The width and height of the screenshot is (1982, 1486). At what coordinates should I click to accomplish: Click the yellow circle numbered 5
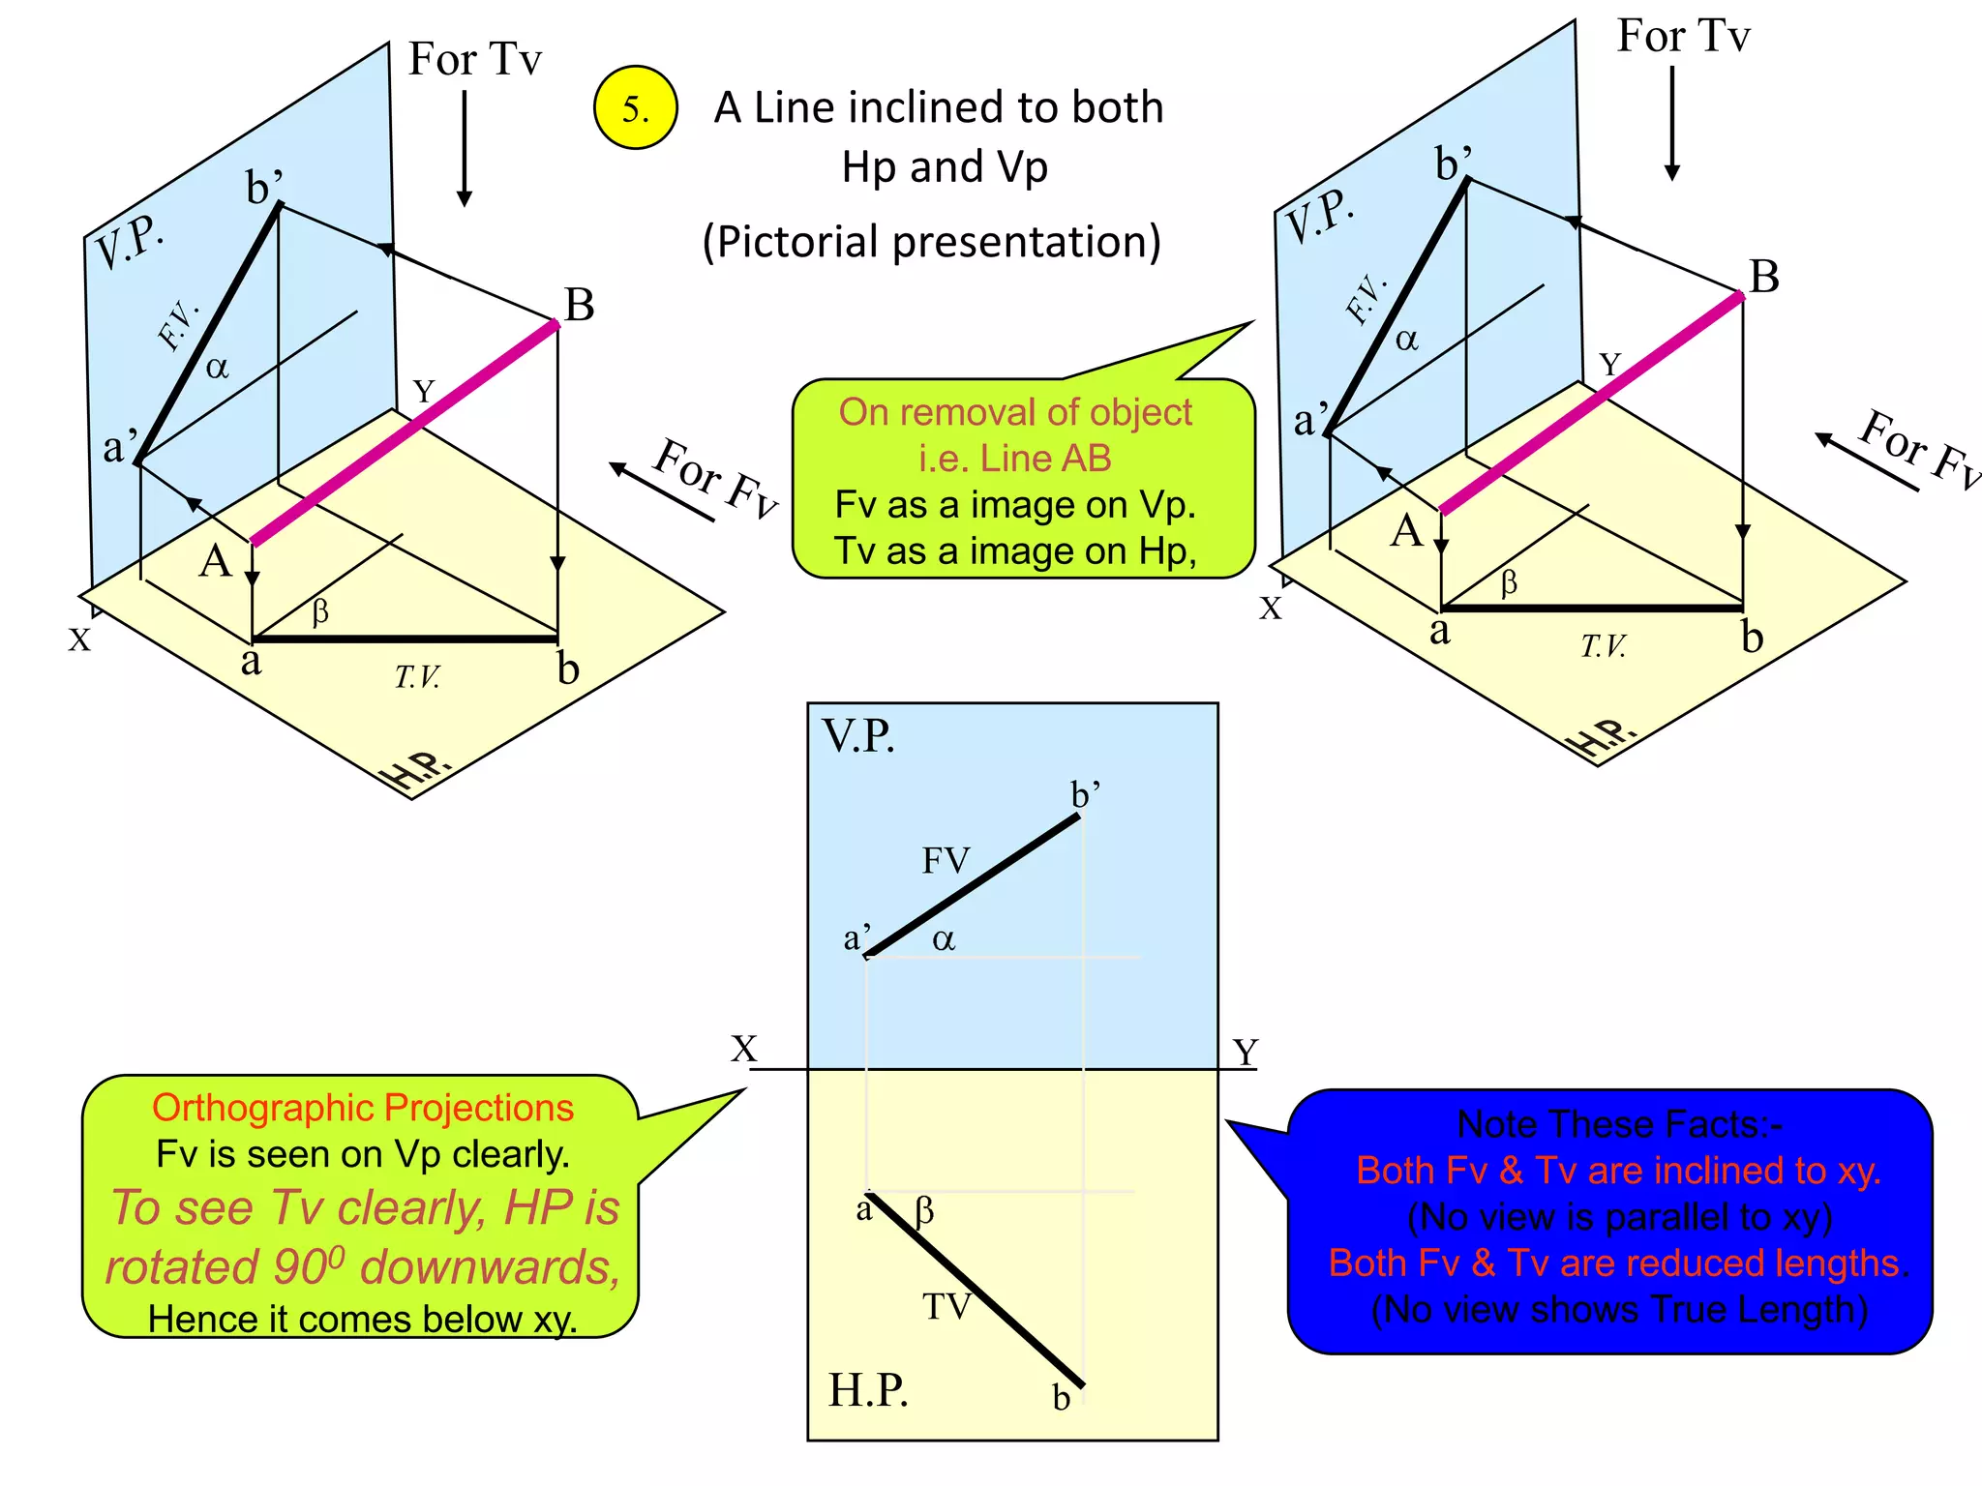635,107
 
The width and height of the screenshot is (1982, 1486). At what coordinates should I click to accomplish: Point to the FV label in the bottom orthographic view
946,860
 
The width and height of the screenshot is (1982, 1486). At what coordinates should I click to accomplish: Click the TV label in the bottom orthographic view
946,1306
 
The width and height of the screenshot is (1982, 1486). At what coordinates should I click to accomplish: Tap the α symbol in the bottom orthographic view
944,939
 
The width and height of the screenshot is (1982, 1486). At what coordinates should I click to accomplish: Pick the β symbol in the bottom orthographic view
924,1210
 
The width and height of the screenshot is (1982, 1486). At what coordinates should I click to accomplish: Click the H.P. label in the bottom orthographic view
868,1390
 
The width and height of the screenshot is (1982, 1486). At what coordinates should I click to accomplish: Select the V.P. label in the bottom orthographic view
858,736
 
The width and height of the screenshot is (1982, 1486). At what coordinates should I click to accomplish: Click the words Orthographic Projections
363,1108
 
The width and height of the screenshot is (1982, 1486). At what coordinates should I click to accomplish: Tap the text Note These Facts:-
1619,1124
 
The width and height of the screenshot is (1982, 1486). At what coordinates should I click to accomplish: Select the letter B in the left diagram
579,305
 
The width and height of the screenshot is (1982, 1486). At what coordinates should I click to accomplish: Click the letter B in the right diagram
1764,277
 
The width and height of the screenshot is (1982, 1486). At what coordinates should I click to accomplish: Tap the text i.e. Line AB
1015,458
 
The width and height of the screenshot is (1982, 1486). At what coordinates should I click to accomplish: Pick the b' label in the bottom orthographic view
1085,794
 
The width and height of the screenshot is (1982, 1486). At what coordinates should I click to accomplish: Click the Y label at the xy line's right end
1246,1052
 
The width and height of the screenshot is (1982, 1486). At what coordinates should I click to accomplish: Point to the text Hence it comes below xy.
363,1319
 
